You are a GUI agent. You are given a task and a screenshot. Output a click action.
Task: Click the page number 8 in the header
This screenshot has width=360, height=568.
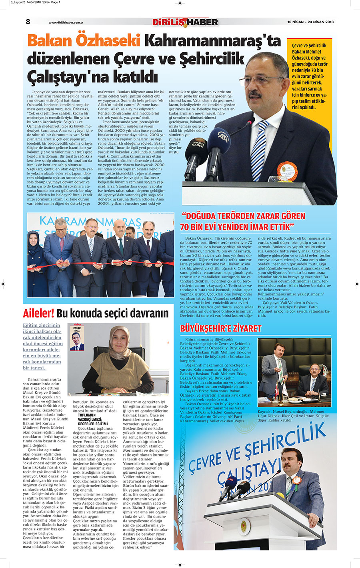pyautogui.click(x=28, y=22)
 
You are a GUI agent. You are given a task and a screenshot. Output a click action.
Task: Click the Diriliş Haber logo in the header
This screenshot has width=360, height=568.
pyautogui.click(x=185, y=22)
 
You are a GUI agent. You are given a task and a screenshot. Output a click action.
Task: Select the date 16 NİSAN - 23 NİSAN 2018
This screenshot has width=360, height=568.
pyautogui.click(x=310, y=22)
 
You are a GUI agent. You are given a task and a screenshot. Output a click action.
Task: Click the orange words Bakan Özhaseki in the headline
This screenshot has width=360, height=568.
pyautogui.click(x=84, y=41)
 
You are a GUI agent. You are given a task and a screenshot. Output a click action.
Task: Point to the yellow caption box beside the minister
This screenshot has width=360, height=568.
pyautogui.click(x=309, y=76)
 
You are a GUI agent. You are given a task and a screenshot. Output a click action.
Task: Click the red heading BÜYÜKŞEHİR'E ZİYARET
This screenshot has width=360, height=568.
pyautogui.click(x=220, y=328)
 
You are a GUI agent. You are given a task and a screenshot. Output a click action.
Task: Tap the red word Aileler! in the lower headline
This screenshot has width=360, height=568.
pyautogui.click(x=38, y=313)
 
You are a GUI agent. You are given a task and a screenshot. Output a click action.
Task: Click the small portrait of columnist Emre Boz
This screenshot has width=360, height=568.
pyautogui.click(x=77, y=338)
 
